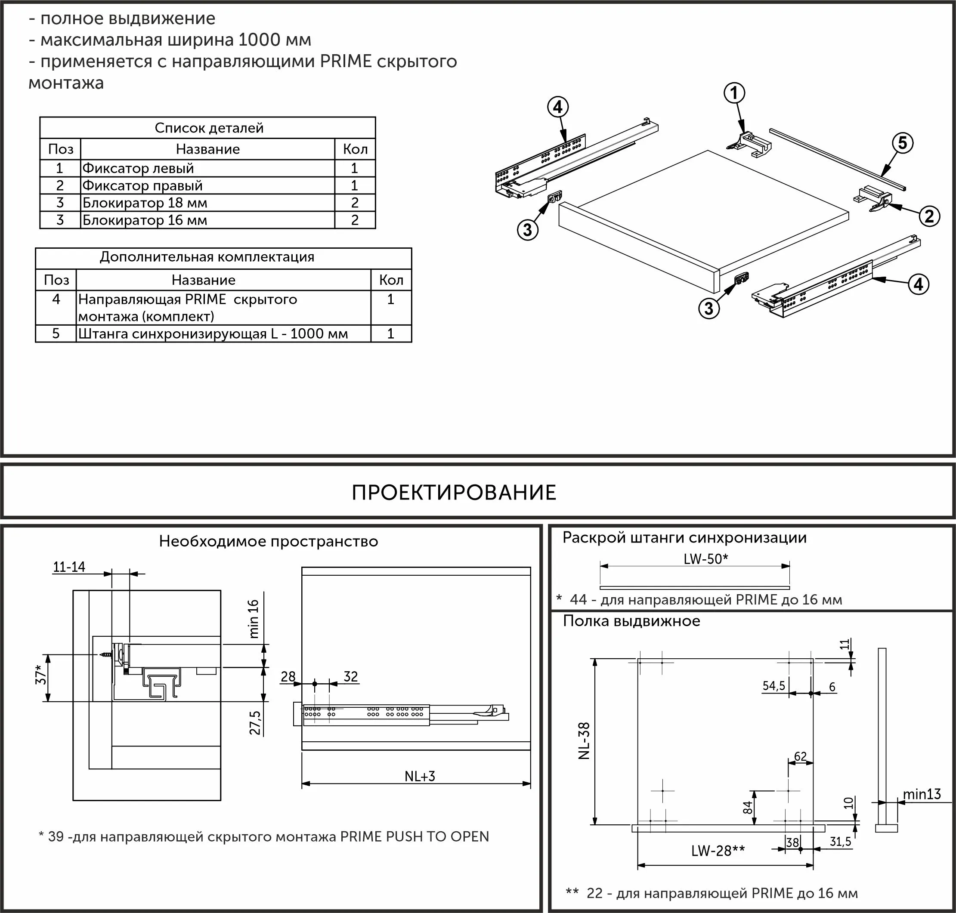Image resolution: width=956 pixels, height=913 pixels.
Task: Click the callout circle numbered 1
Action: click(734, 93)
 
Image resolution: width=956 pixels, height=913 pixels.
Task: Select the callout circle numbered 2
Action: click(929, 216)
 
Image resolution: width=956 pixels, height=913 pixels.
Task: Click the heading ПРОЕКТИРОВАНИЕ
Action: click(454, 493)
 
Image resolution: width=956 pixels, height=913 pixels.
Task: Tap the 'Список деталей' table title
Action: click(209, 128)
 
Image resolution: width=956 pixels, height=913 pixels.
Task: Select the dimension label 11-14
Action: click(68, 567)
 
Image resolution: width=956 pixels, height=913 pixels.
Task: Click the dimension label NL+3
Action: click(420, 776)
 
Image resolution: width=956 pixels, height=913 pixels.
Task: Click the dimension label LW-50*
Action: click(705, 559)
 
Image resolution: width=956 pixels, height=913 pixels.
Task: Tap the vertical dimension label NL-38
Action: click(584, 741)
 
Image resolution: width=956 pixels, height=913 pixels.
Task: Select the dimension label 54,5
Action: click(773, 686)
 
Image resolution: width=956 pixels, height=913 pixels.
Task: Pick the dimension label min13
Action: click(922, 794)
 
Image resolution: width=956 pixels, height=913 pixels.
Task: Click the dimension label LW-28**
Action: click(718, 851)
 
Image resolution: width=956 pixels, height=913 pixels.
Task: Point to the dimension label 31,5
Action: click(840, 842)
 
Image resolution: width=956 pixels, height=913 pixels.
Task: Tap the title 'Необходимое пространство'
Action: click(268, 542)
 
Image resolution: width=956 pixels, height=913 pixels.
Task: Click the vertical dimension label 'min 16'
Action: click(254, 619)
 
